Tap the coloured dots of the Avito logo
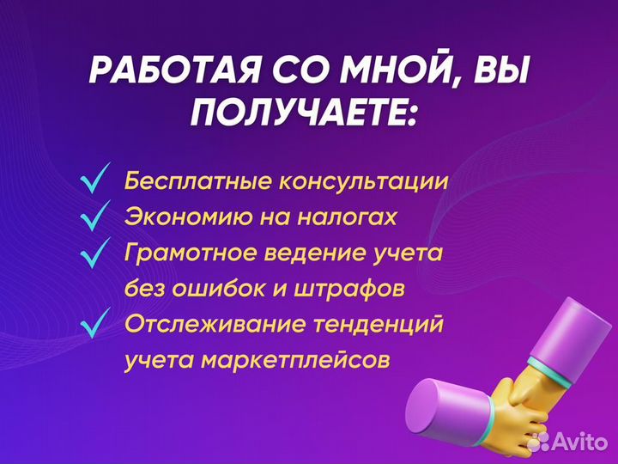[539, 442]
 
